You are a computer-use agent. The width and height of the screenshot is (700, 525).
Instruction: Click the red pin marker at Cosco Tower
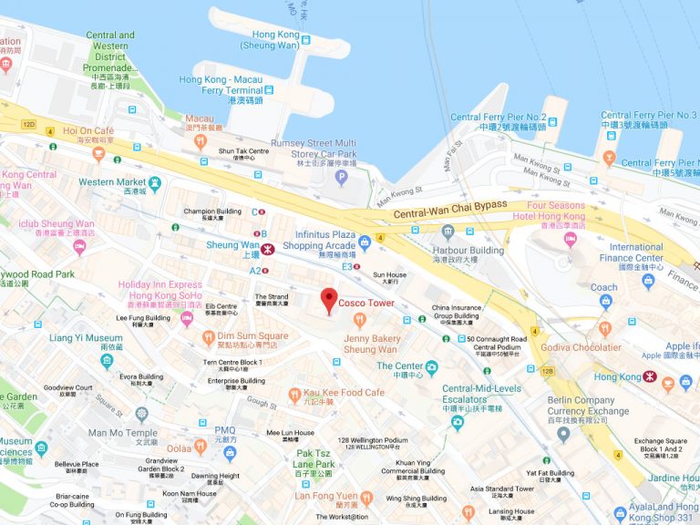pyautogui.click(x=329, y=300)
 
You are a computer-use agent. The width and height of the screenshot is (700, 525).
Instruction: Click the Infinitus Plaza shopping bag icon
pyautogui.click(x=365, y=242)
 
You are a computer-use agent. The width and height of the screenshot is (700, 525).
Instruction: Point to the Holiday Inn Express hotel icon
pyautogui.click(x=187, y=318)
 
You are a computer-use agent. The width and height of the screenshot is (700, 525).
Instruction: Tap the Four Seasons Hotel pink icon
pyautogui.click(x=571, y=240)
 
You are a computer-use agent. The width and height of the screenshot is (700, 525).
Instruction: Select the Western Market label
pyautogui.click(x=109, y=182)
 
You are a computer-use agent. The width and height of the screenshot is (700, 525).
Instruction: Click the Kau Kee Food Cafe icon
pyautogui.click(x=294, y=394)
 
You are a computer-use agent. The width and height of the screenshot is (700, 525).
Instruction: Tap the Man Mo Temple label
pyautogui.click(x=122, y=433)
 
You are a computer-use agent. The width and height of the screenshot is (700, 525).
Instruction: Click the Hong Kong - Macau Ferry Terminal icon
pyautogui.click(x=270, y=89)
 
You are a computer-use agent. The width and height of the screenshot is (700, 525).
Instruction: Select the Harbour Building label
pyautogui.click(x=468, y=251)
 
